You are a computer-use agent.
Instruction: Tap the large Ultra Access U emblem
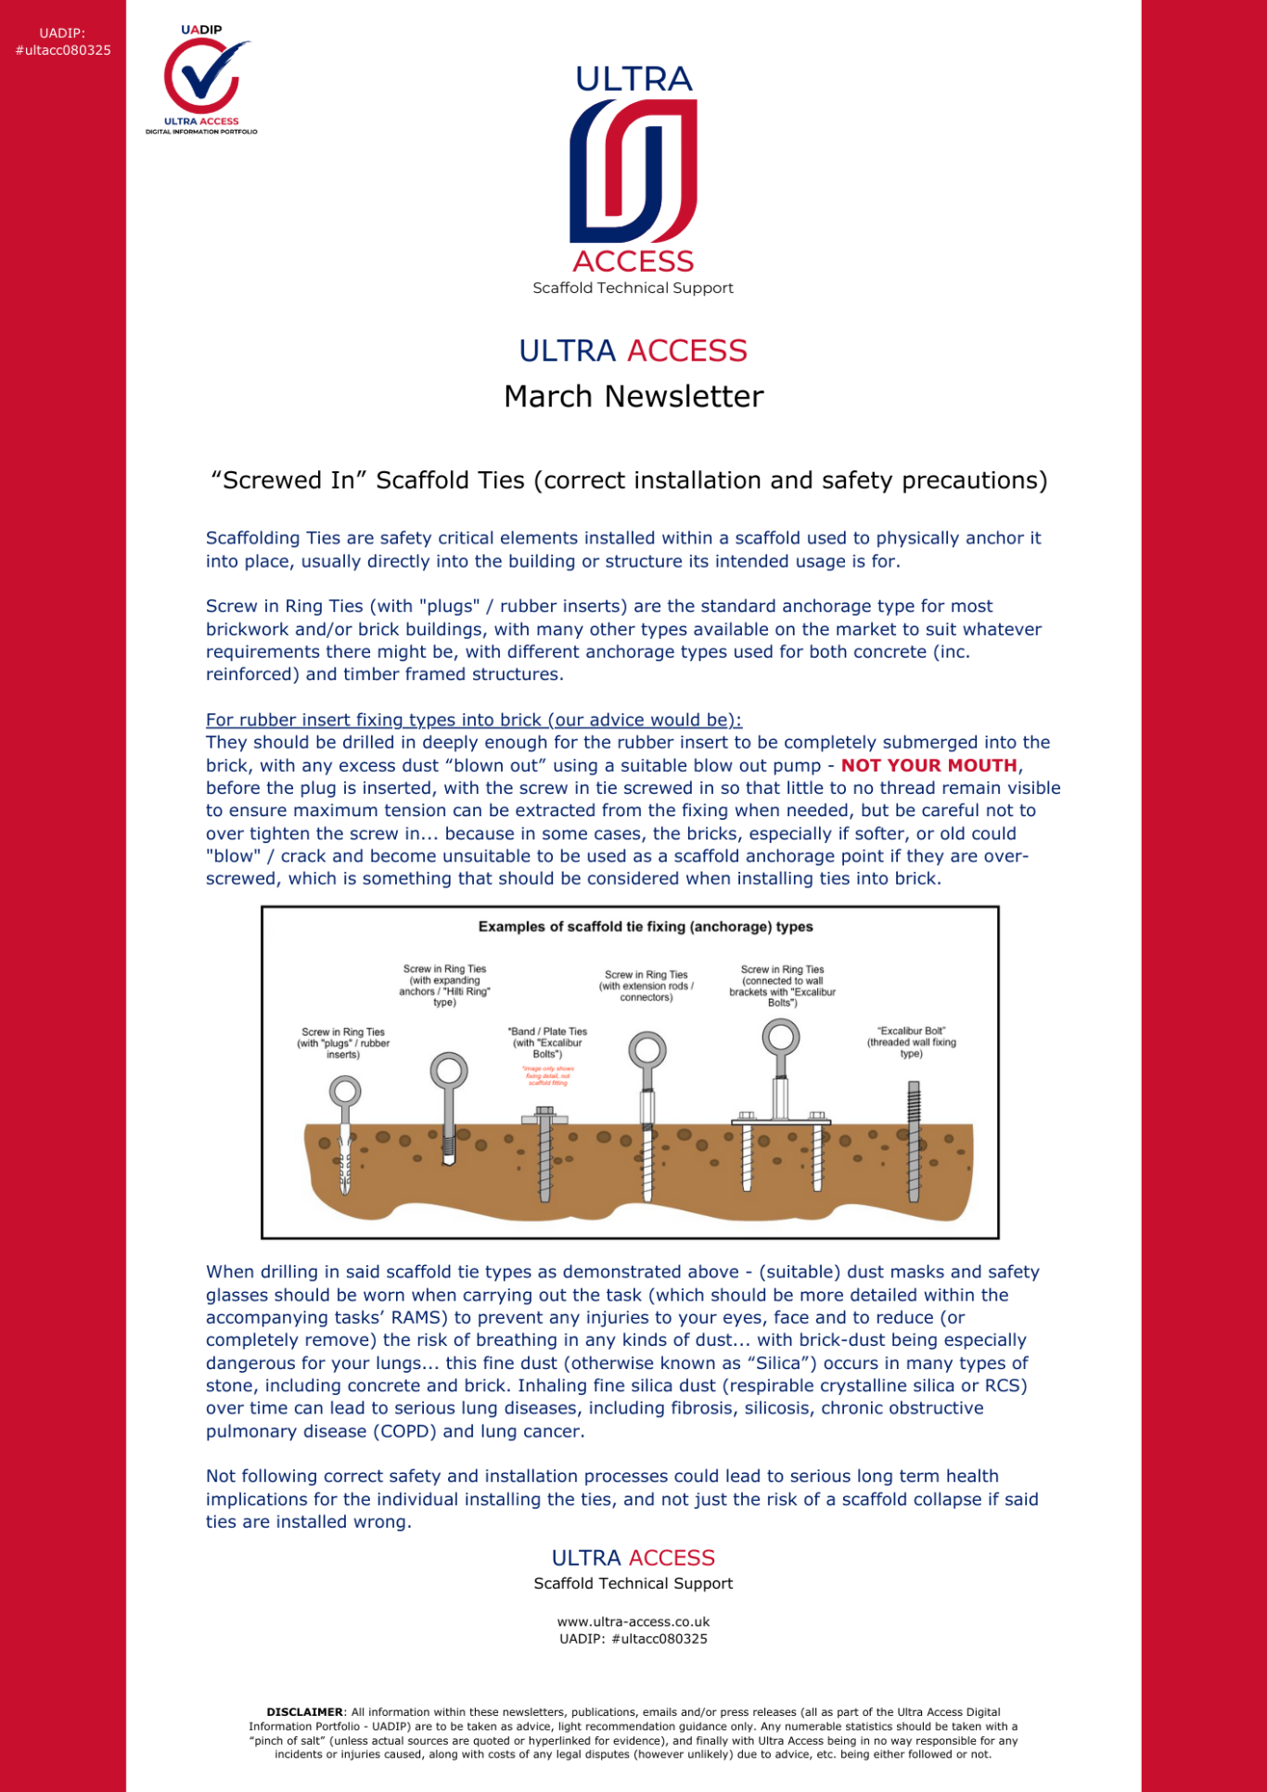(633, 172)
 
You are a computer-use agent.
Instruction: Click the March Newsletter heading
(633, 397)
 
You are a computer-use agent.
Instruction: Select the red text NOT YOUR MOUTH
(928, 765)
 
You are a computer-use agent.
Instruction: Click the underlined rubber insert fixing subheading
(473, 720)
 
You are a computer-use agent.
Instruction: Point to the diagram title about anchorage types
(646, 927)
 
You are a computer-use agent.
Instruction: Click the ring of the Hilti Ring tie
(449, 1070)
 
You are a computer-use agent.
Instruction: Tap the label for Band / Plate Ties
(547, 1043)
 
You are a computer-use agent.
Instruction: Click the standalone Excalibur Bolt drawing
(914, 1141)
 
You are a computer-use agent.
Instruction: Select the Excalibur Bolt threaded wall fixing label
(911, 1042)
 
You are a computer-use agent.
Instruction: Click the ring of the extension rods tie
(646, 1050)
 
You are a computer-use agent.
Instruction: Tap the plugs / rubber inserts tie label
(343, 1043)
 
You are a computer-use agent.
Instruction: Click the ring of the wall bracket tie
(781, 1038)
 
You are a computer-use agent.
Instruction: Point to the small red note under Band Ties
(548, 1076)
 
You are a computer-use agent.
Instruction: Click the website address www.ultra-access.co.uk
(633, 1622)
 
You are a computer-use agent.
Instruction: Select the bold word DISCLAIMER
(304, 1712)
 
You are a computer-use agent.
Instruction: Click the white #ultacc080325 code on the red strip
(63, 50)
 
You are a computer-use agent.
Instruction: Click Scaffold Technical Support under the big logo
(633, 288)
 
